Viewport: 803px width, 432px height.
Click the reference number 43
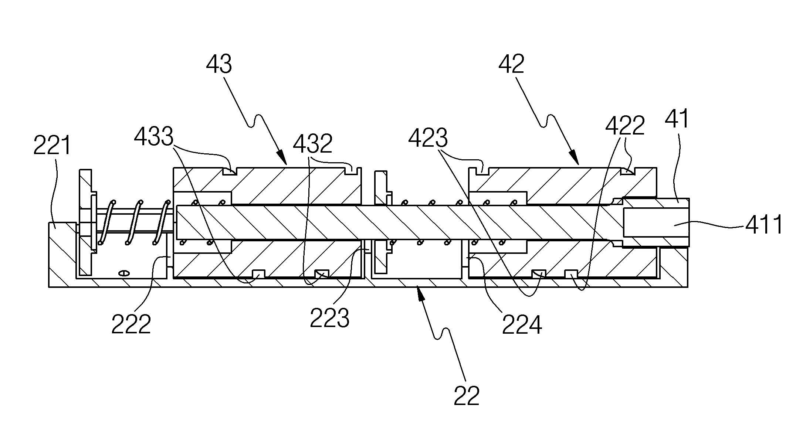219,64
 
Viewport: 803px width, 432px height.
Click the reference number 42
511,64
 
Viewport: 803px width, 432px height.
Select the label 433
153,137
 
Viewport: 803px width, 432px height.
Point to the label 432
312,143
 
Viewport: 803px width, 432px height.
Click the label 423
428,138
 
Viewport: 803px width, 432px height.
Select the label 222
131,324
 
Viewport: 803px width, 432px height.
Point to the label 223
329,318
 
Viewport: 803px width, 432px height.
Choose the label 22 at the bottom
467,395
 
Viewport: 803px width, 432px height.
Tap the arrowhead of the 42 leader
575,158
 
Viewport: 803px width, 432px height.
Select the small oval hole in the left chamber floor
124,273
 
